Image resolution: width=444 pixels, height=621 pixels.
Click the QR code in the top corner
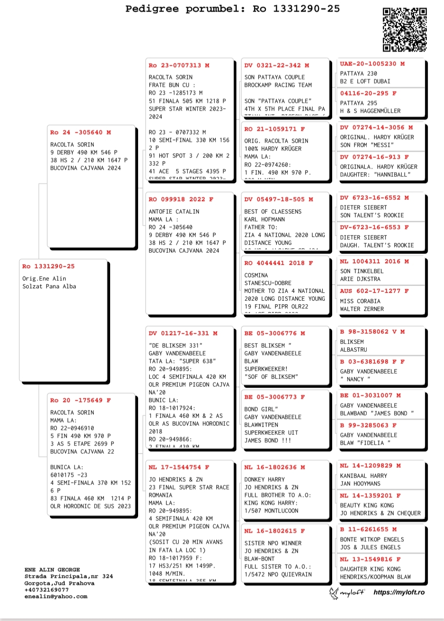point(405,30)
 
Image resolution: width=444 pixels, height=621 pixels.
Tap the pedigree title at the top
point(233,9)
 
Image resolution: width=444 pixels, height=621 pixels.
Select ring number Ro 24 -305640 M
point(81,132)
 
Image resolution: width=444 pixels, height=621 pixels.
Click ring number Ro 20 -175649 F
point(81,400)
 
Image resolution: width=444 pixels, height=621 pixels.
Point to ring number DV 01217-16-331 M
point(183,334)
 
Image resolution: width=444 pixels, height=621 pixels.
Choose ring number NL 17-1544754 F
point(179,467)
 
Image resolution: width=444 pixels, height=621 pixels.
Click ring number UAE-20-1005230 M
point(372,64)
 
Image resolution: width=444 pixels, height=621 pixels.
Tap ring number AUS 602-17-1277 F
point(374,291)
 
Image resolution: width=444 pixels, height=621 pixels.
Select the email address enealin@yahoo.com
point(56,596)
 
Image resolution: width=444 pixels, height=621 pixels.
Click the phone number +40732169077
point(46,590)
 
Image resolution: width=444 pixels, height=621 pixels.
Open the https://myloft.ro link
point(399,592)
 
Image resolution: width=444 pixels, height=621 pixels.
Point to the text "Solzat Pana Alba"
point(49,286)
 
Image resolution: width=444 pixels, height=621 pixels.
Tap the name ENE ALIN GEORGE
point(52,570)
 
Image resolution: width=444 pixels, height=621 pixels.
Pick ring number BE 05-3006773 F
point(275,397)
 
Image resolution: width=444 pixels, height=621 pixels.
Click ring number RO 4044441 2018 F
point(278,263)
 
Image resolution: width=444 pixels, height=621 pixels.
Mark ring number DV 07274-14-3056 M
point(376,127)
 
